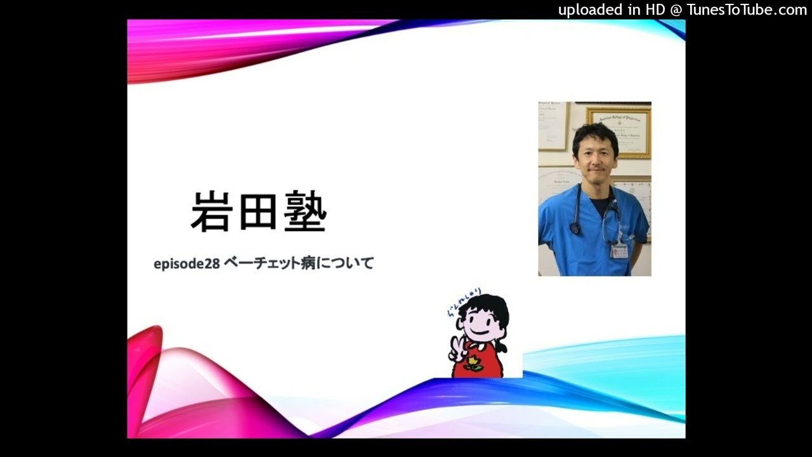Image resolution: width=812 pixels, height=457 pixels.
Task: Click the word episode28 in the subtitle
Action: click(187, 263)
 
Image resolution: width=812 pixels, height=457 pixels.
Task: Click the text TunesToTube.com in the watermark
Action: click(747, 10)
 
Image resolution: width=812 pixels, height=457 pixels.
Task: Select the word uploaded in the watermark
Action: click(590, 10)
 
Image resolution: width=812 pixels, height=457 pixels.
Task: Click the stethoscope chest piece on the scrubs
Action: click(575, 228)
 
